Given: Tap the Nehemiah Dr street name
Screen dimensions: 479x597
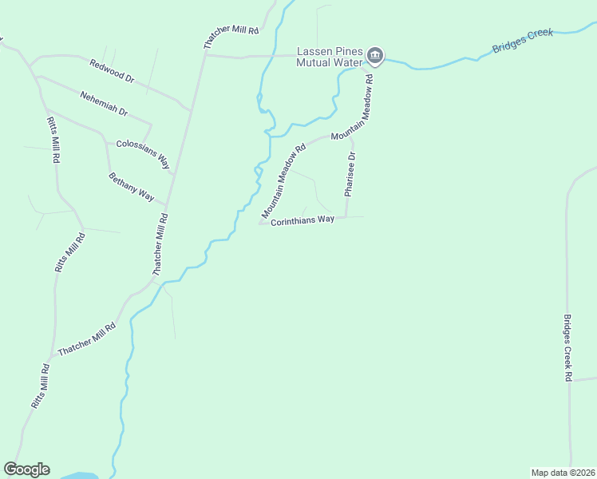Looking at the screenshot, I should (x=104, y=103).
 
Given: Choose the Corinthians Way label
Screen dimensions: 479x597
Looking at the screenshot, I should (x=302, y=220).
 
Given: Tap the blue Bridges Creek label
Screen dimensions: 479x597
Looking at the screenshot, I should (x=523, y=40).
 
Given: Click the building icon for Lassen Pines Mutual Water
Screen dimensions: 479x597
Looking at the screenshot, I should (x=375, y=56).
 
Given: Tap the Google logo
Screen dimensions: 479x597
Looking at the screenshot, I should (x=26, y=469).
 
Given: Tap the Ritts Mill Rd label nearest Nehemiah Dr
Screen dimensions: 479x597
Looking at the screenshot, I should (x=53, y=141).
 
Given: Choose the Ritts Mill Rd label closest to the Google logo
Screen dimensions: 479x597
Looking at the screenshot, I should (x=41, y=386).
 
